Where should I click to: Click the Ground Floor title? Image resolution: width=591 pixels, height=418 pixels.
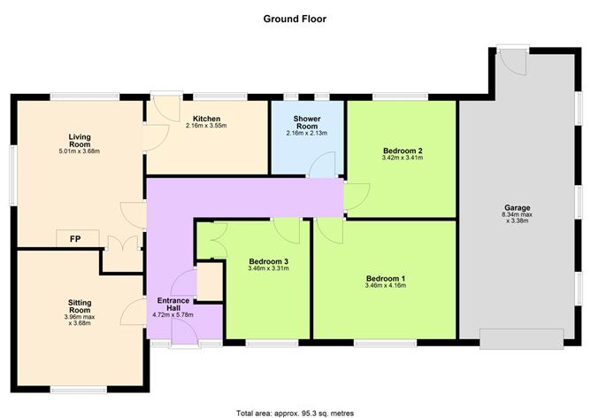point(295,17)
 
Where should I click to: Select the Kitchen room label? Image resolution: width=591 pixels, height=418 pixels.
point(206,119)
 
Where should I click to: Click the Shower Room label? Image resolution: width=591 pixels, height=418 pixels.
point(307,122)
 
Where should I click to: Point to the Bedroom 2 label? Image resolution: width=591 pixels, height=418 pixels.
point(402,151)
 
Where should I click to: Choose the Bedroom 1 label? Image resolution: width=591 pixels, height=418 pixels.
point(385,279)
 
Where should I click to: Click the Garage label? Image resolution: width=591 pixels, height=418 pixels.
point(518,208)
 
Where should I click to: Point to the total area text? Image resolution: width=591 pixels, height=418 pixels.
point(295,412)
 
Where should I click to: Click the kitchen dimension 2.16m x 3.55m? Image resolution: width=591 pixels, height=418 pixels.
point(206,127)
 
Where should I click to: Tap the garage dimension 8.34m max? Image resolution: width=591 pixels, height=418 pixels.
point(518,216)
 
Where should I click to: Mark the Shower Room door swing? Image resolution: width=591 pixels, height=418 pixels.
point(323,164)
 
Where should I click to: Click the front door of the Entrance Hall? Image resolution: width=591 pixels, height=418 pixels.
point(187,332)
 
